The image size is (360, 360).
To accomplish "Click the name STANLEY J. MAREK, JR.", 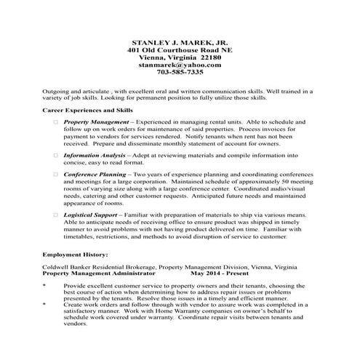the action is click(180, 43).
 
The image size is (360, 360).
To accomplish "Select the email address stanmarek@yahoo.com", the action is click(180, 65).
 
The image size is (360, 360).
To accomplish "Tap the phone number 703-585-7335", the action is click(180, 73).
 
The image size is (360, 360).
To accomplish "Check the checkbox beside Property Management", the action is click(55, 122).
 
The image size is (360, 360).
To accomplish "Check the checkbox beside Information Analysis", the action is click(55, 156).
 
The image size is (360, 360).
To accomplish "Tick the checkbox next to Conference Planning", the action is click(55, 175).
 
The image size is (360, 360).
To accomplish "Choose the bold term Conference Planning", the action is click(94, 175).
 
